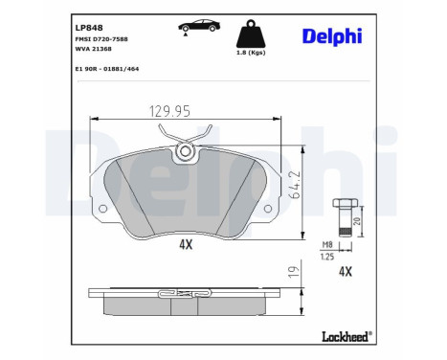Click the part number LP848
pos(88,27)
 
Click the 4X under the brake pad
pos(186,244)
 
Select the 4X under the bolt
pos(347,271)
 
